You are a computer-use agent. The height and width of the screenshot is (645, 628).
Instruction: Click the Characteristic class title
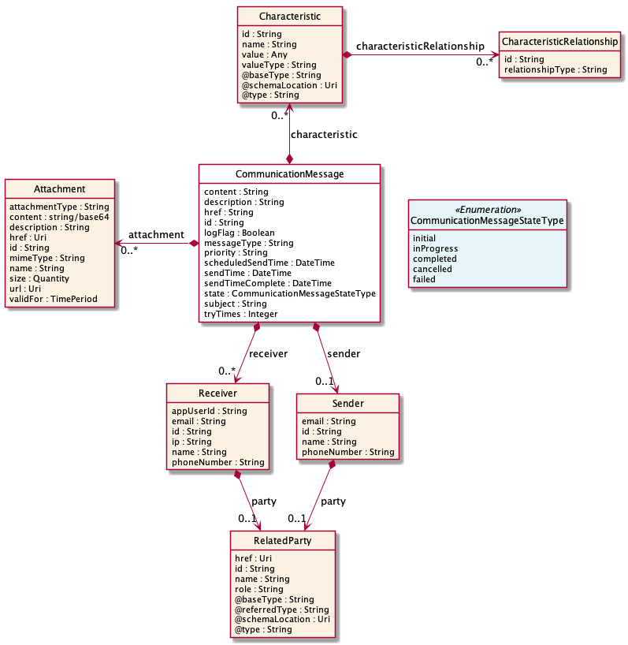pyautogui.click(x=289, y=17)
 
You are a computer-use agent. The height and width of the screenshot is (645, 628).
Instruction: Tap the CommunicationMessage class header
pyautogui.click(x=289, y=174)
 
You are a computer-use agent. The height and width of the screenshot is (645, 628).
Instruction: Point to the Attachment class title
pyautogui.click(x=60, y=189)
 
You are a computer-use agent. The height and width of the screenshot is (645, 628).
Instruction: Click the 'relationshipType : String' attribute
pyautogui.click(x=556, y=69)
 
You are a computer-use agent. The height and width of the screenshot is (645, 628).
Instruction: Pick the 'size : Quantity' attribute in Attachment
pyautogui.click(x=39, y=278)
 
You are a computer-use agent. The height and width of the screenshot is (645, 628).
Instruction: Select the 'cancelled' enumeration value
pyautogui.click(x=433, y=269)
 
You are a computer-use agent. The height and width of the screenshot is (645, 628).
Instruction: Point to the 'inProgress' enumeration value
pyautogui.click(x=434, y=248)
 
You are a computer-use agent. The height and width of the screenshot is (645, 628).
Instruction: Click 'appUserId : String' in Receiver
pyautogui.click(x=209, y=411)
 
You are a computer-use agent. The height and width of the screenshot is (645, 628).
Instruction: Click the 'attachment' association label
pyautogui.click(x=156, y=235)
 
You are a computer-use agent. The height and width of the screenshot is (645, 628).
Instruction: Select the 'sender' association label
pyautogui.click(x=343, y=354)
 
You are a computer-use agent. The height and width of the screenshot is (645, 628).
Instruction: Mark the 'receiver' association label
pyautogui.click(x=269, y=354)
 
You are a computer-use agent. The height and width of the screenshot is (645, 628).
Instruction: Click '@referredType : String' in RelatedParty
pyautogui.click(x=282, y=610)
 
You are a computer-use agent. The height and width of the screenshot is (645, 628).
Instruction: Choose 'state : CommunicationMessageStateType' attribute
pyautogui.click(x=289, y=293)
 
